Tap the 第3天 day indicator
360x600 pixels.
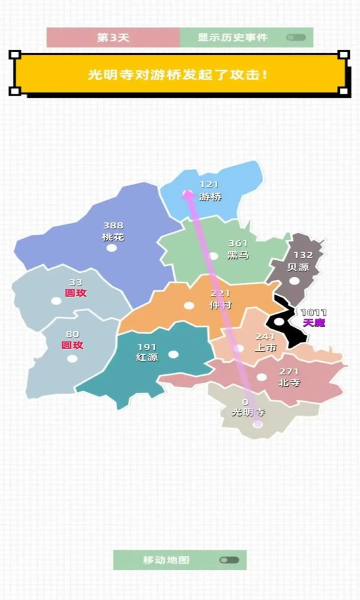click(x=113, y=37)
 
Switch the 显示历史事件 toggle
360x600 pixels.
click(x=296, y=37)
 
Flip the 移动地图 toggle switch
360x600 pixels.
click(x=229, y=560)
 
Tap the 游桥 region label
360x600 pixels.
click(x=210, y=196)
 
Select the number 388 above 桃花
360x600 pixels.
click(x=113, y=225)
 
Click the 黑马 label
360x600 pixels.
click(x=238, y=255)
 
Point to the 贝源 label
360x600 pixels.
click(x=298, y=267)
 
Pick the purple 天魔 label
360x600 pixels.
click(x=314, y=322)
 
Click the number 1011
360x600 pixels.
click(x=313, y=312)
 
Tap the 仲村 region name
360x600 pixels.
click(x=220, y=305)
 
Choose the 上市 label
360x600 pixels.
click(x=265, y=348)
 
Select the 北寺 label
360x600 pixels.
click(x=289, y=382)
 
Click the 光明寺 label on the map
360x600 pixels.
click(x=248, y=412)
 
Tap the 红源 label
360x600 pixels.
click(x=147, y=357)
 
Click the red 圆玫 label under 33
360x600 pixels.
click(x=76, y=293)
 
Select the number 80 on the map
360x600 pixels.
click(x=72, y=334)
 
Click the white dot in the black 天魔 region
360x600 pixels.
click(x=279, y=322)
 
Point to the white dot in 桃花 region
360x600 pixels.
click(x=111, y=248)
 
